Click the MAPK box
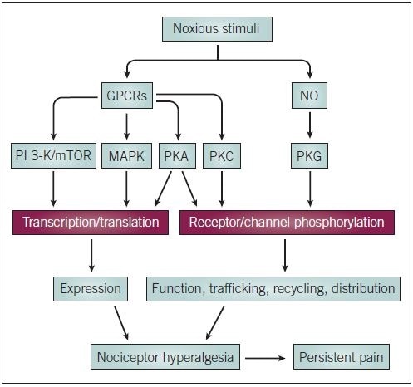[x=126, y=156]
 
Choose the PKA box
[x=176, y=156]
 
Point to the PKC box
[x=223, y=156]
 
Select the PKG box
[x=309, y=156]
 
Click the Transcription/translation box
[x=91, y=222]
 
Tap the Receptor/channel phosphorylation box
[x=287, y=222]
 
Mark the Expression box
[x=91, y=289]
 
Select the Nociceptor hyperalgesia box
[x=166, y=359]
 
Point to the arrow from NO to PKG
[x=309, y=125]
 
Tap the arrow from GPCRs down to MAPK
[x=126, y=125]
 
